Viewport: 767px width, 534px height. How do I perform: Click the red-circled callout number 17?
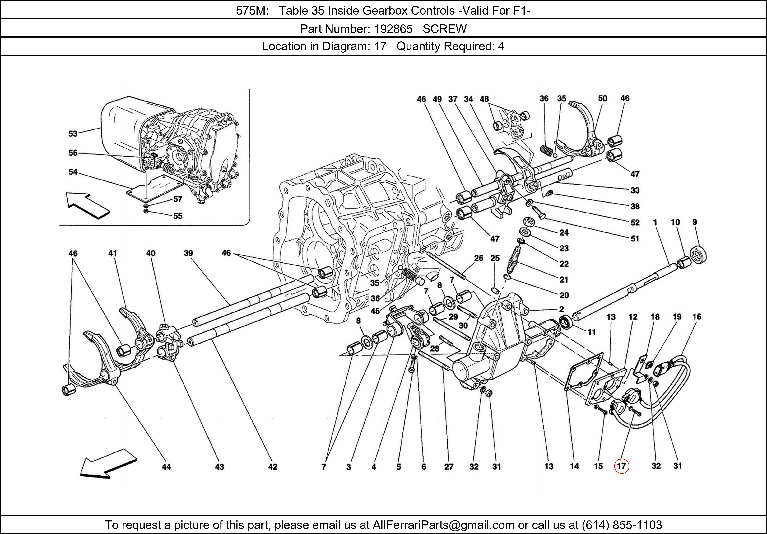[621, 466]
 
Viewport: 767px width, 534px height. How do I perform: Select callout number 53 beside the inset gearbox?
[73, 134]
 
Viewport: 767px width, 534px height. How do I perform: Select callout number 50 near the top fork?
[602, 98]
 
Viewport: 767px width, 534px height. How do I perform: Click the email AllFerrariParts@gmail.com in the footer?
[443, 525]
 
